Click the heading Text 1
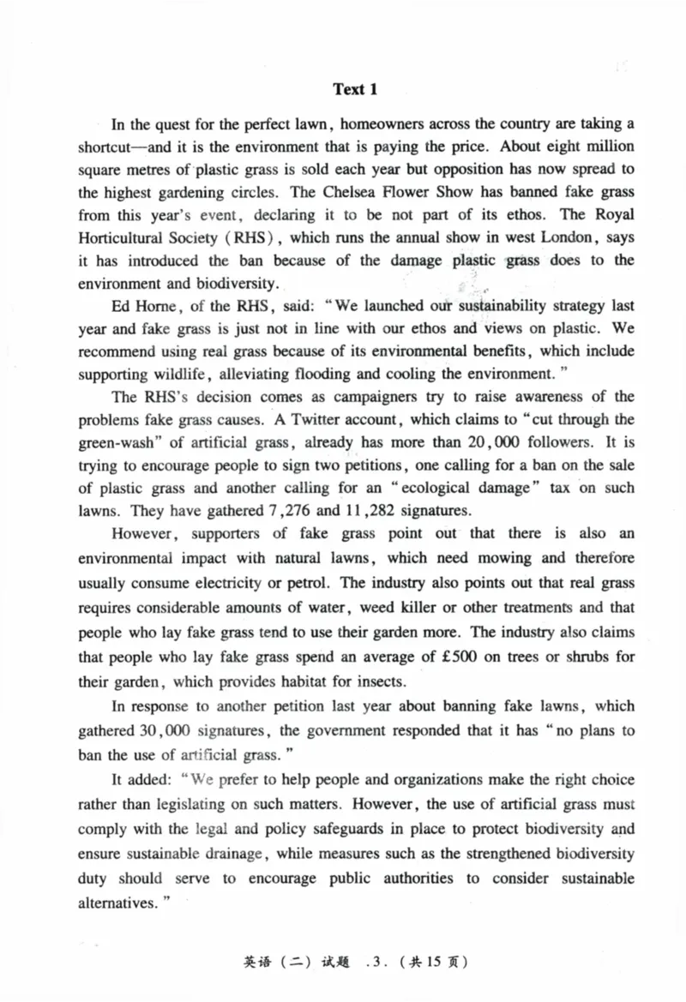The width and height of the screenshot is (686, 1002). click(355, 89)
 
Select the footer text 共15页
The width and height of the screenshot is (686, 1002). click(436, 962)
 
